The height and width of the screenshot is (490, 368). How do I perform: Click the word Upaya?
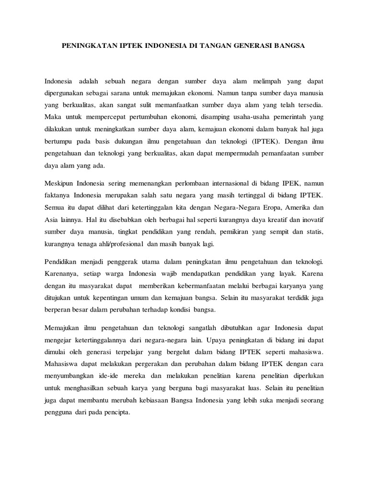221,340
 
